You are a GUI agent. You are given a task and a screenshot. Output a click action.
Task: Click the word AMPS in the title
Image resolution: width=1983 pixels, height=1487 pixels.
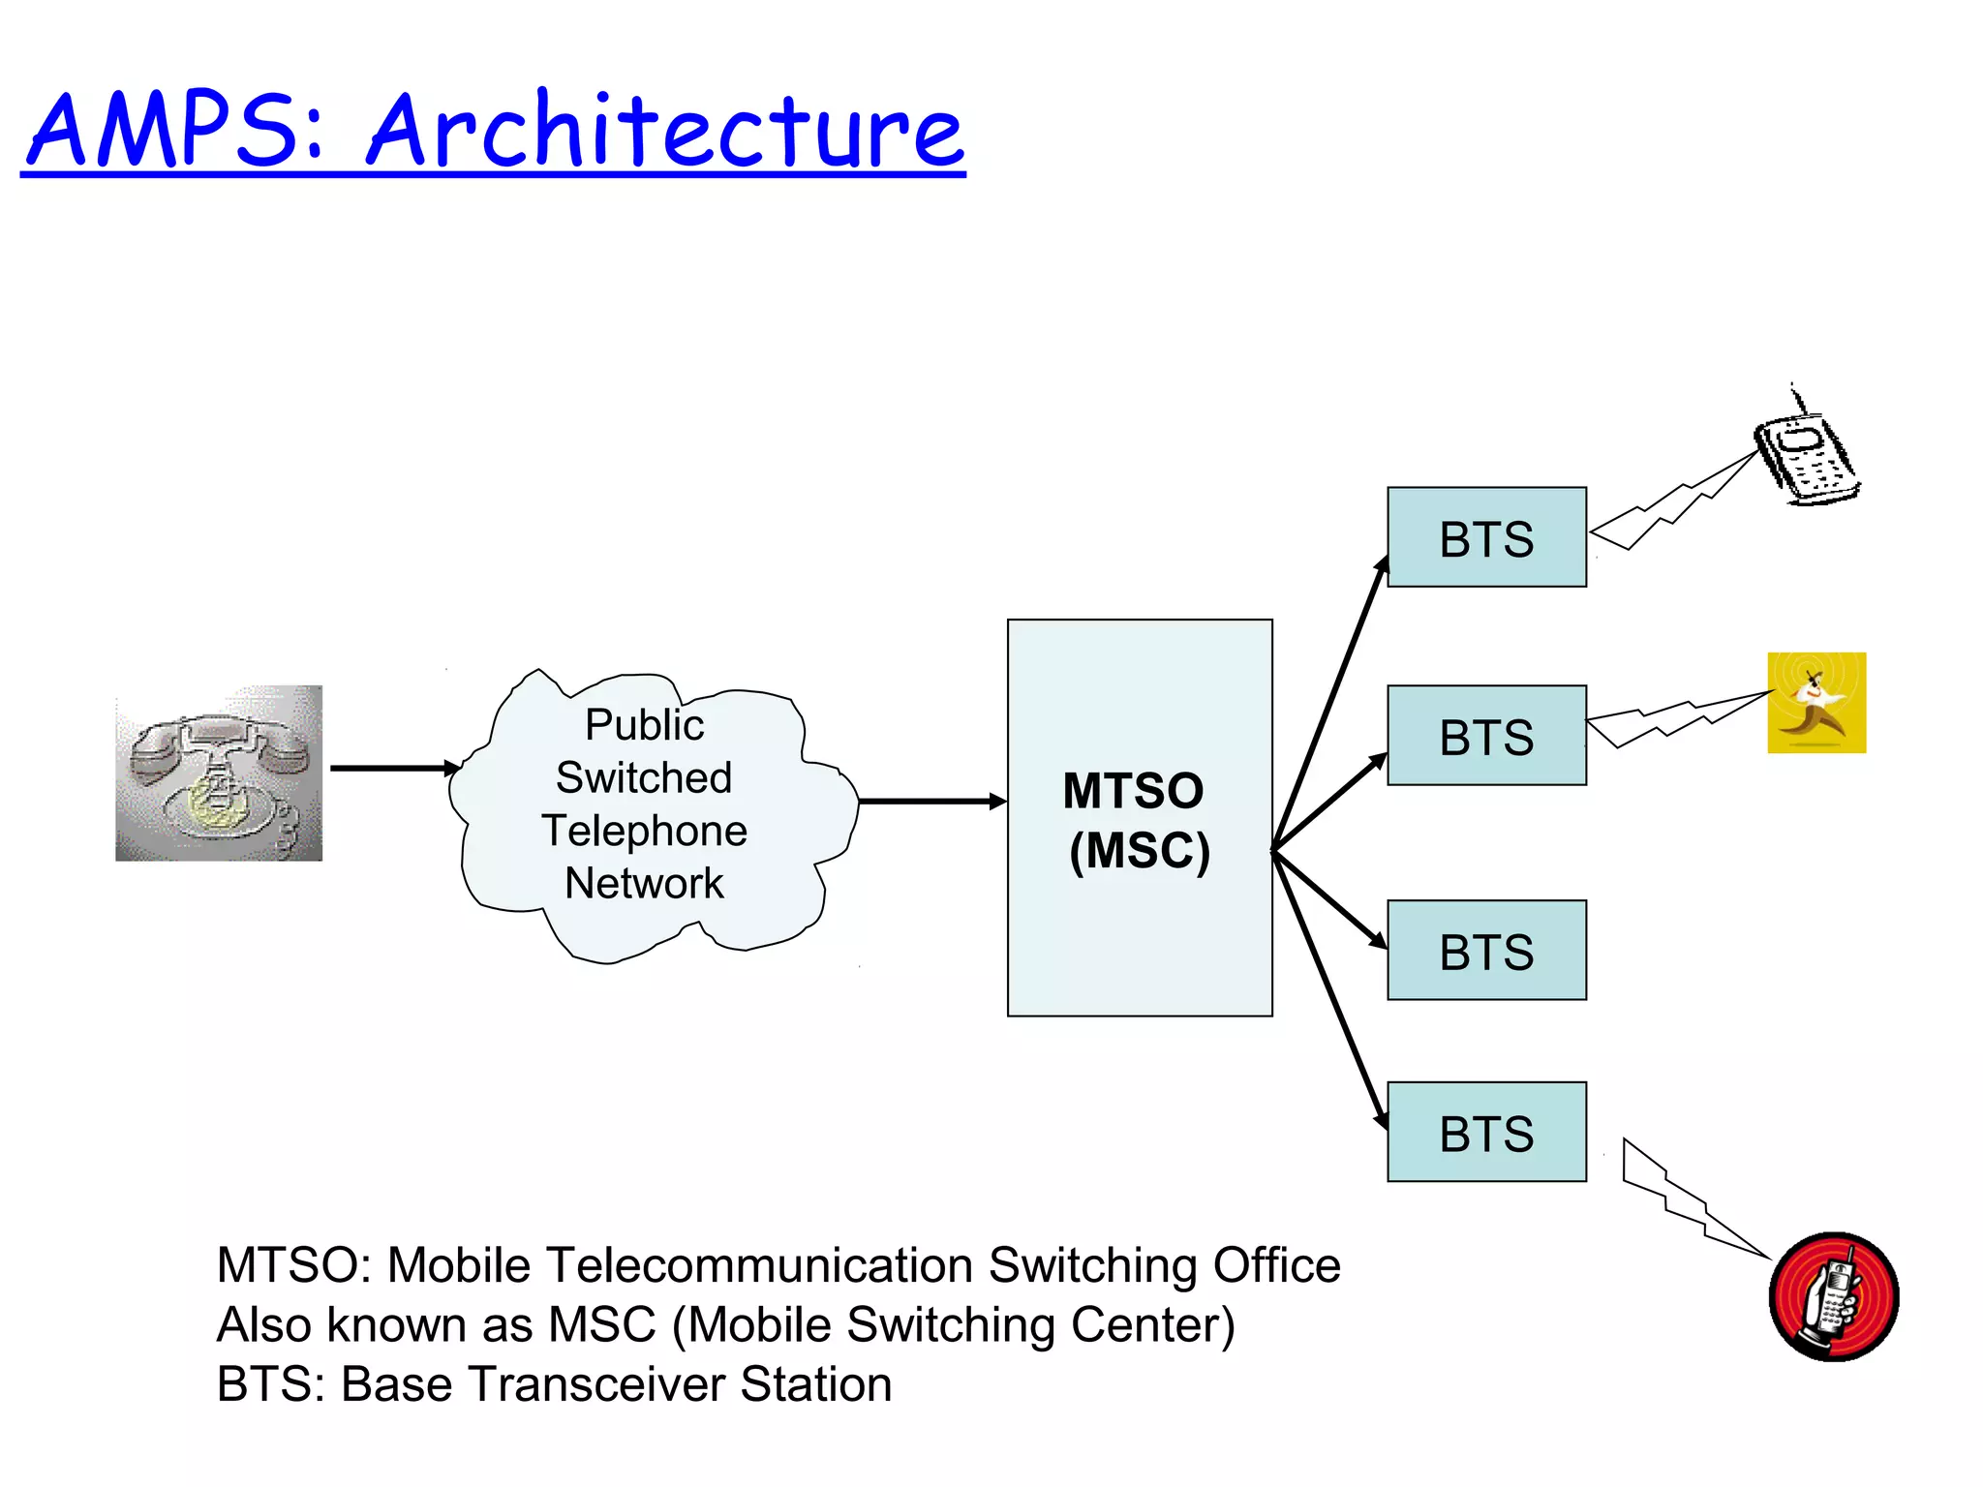tap(174, 131)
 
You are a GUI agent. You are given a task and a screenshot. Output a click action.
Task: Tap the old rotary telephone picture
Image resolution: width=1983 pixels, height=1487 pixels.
tap(219, 773)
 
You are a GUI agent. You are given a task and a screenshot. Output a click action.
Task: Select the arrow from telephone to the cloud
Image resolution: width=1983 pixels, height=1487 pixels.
tap(392, 768)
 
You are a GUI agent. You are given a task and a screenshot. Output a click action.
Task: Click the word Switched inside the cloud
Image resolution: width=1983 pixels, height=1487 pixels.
tap(644, 777)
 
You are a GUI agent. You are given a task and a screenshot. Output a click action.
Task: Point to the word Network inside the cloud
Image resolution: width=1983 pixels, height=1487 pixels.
tap(644, 883)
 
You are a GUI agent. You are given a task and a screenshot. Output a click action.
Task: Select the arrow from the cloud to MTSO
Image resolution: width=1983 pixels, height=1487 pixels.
tap(930, 801)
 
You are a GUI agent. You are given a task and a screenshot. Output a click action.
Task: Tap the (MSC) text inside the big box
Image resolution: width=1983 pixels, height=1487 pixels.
tap(1139, 851)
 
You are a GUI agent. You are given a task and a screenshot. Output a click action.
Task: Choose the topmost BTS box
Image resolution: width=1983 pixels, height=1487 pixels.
tap(1486, 537)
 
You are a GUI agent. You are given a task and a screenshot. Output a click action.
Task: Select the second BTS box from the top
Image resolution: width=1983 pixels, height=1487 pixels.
tap(1486, 736)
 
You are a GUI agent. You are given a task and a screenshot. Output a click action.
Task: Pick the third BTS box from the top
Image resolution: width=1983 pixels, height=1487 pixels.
tap(1486, 951)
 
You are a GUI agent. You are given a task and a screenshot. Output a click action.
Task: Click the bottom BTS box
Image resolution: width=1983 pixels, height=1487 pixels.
tap(1486, 1132)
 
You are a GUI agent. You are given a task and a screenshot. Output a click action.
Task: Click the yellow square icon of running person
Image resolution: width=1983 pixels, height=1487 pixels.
tap(1816, 703)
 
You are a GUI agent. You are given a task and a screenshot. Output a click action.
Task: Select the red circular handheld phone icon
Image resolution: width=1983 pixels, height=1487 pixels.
tap(1833, 1296)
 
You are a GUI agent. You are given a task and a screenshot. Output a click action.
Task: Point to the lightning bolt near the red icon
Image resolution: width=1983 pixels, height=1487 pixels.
tap(1690, 1200)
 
